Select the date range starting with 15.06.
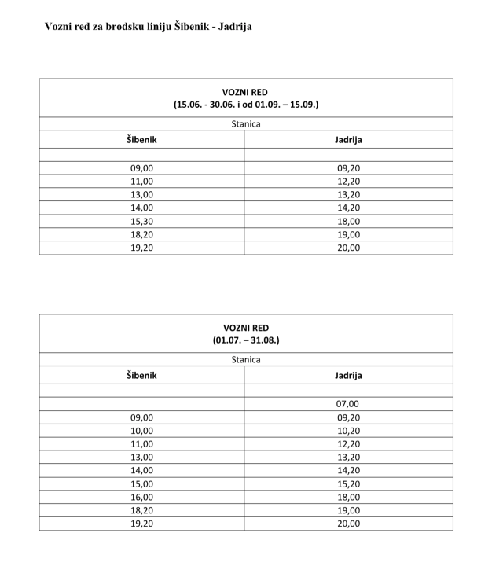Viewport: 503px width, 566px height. [246, 104]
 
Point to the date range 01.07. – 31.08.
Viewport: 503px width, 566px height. [246, 340]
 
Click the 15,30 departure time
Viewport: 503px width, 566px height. [142, 221]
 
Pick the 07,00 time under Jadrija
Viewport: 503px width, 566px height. [347, 404]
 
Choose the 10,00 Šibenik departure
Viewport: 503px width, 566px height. [142, 431]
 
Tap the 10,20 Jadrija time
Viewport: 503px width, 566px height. [347, 431]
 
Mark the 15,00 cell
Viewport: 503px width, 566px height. [142, 483]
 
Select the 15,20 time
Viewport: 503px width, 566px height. [347, 483]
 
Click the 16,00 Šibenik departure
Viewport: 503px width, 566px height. [142, 497]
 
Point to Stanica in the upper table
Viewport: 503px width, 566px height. [246, 123]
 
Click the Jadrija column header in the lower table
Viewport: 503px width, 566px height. [348, 376]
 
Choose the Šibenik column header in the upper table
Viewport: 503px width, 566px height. [142, 139]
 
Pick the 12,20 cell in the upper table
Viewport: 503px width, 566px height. [347, 181]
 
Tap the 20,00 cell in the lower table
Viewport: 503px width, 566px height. [347, 524]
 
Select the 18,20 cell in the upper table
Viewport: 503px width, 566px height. [142, 234]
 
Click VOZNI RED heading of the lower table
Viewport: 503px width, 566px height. [246, 328]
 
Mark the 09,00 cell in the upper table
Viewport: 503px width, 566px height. [142, 167]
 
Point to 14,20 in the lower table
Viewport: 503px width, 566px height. [347, 470]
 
